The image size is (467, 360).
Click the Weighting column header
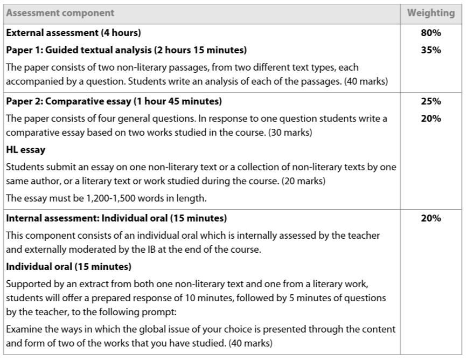[x=431, y=12]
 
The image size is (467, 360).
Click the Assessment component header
[x=60, y=12]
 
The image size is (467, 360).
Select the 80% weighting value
[x=431, y=33]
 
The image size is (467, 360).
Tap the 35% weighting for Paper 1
[x=431, y=50]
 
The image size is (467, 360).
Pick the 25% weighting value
[x=431, y=101]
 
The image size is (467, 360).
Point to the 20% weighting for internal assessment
[x=431, y=218]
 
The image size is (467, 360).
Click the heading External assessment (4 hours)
[x=74, y=33]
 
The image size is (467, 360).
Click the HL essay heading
[x=26, y=149]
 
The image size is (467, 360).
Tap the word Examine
[x=23, y=329]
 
